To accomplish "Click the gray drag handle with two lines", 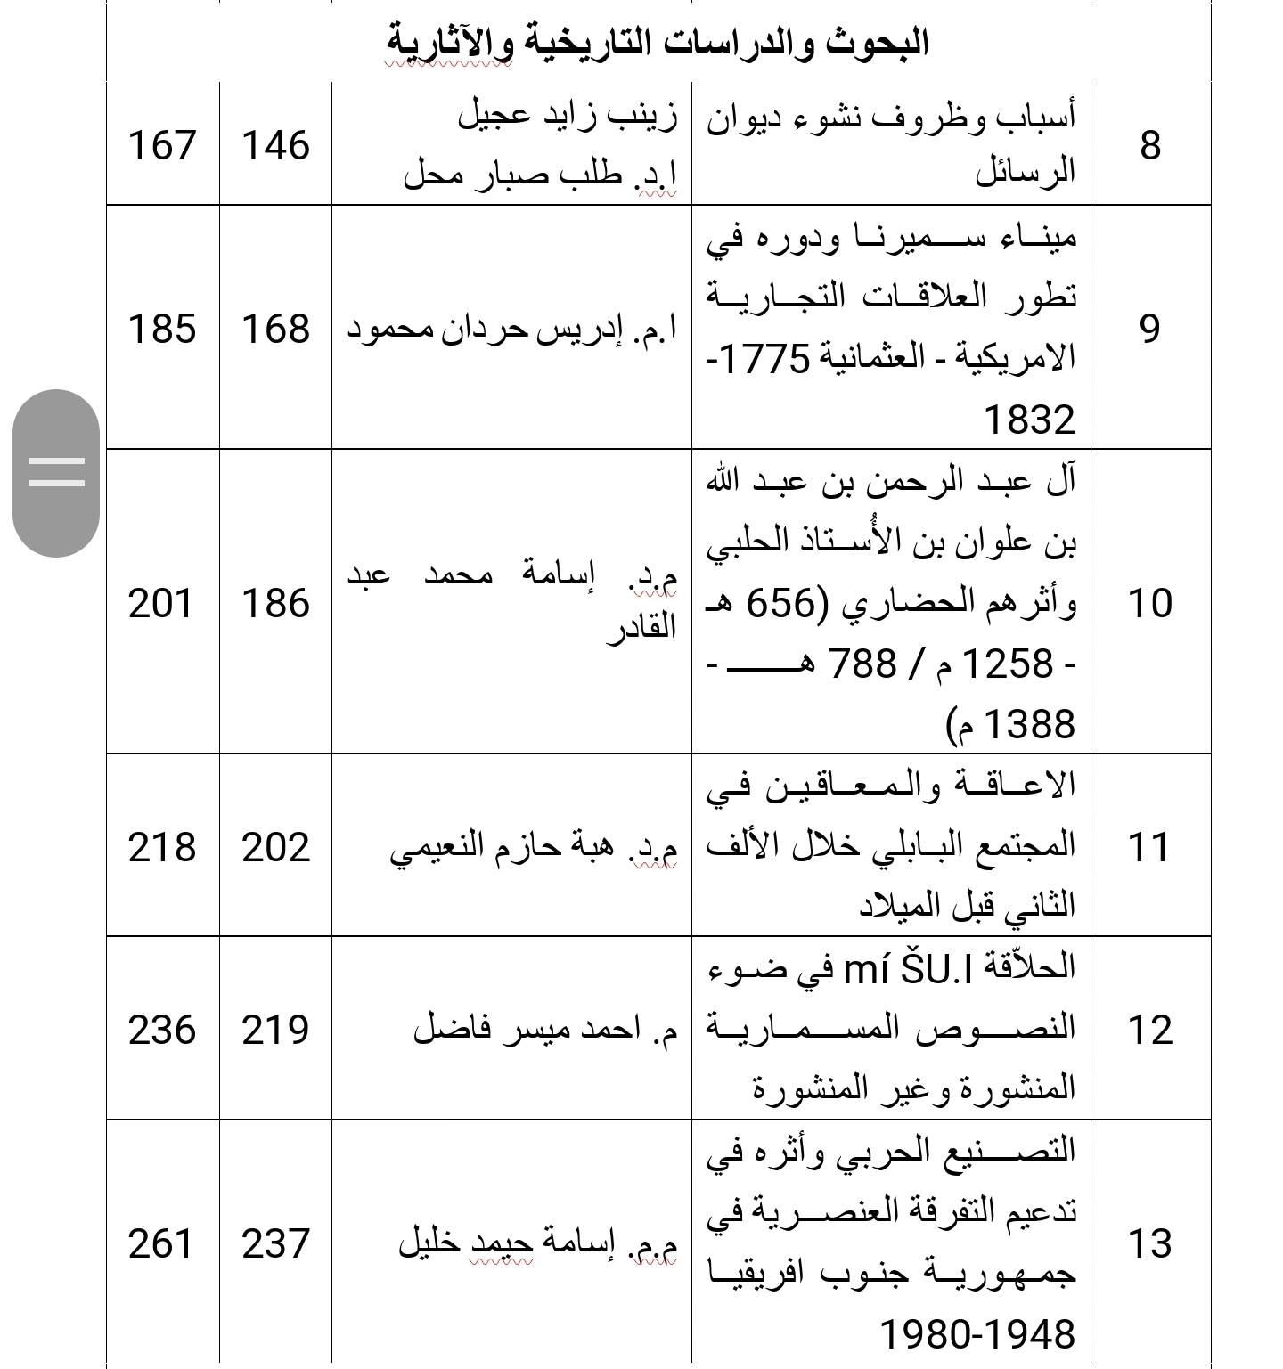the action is (x=56, y=472).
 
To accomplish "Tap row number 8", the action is (x=1150, y=145).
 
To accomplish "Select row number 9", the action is (x=1150, y=329).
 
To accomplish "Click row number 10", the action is (x=1150, y=603).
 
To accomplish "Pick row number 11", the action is (x=1150, y=847).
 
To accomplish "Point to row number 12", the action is (x=1150, y=1030).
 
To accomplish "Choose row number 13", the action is (x=1150, y=1243).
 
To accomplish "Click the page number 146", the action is (x=275, y=145).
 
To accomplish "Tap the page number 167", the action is (x=162, y=145).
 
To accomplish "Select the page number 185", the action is (x=162, y=329).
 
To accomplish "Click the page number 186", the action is (x=275, y=603).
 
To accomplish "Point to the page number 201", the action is (x=162, y=603).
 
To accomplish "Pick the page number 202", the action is (x=275, y=847).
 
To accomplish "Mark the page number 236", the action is (x=162, y=1030).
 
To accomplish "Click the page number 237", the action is (x=275, y=1243).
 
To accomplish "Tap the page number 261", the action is (x=162, y=1243).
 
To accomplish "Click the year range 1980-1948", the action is (x=977, y=1334).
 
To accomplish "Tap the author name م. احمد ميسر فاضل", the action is (x=545, y=1030).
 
